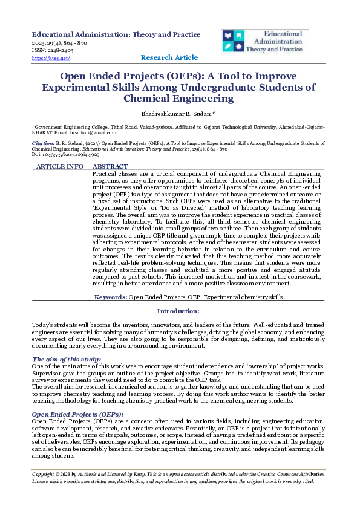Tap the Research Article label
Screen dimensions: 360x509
pos(169,57)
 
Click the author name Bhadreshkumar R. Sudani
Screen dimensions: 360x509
pos(178,114)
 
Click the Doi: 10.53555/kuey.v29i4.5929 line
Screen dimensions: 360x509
pos(65,155)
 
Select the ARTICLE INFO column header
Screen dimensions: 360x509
pos(60,166)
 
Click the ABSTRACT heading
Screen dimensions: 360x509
pos(111,166)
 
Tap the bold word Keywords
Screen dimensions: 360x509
pos(110,297)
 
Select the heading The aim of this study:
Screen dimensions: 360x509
pos(67,360)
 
